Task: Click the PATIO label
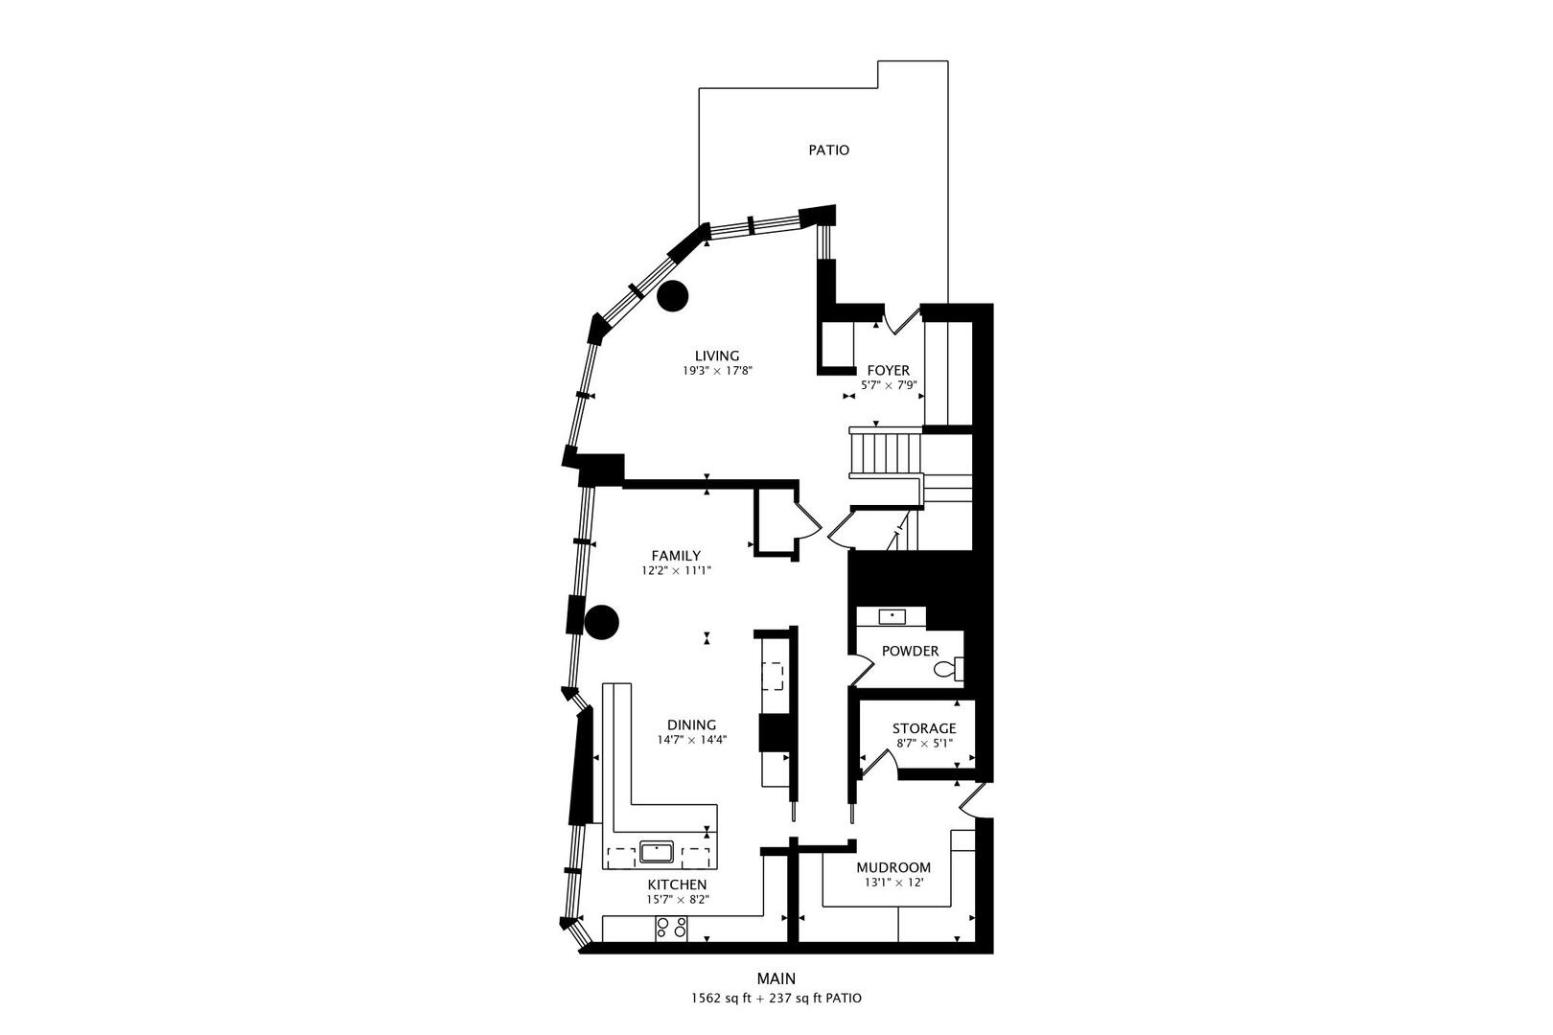(828, 150)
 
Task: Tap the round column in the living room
(673, 296)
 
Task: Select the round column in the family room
(603, 623)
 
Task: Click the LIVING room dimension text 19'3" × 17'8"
(717, 370)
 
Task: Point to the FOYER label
(888, 370)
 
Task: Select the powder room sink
(893, 615)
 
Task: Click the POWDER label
(910, 651)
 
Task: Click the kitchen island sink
(658, 851)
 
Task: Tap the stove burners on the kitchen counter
(671, 928)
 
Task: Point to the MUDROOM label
(892, 867)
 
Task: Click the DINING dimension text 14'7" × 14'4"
(692, 739)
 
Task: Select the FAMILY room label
(676, 556)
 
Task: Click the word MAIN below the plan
(776, 978)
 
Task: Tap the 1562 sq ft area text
(725, 998)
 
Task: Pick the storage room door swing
(877, 763)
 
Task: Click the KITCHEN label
(677, 884)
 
